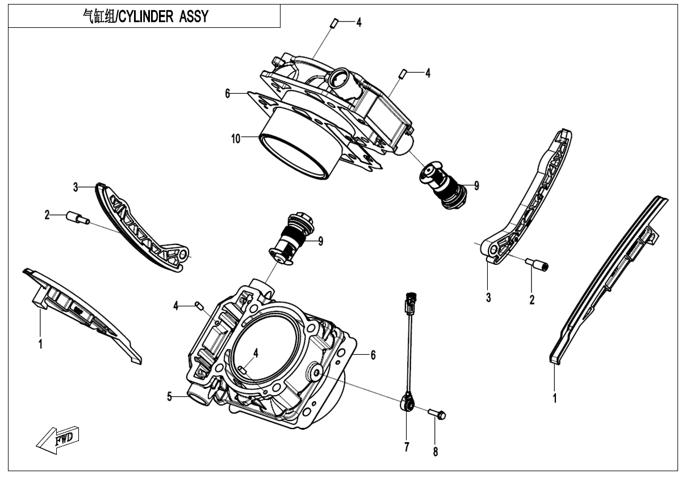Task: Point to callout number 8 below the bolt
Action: click(436, 452)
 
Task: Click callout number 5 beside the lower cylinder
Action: click(169, 397)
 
